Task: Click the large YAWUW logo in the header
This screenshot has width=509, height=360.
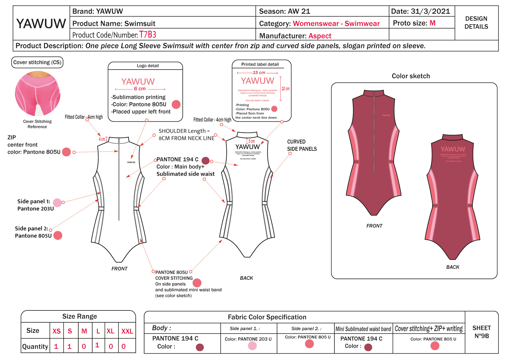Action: pyautogui.click(x=41, y=23)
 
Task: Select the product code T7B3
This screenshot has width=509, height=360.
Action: pyautogui.click(x=148, y=35)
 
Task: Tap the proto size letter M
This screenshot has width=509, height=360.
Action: pyautogui.click(x=432, y=23)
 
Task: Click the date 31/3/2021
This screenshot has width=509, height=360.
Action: pyautogui.click(x=430, y=11)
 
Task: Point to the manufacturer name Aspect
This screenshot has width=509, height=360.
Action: pyautogui.click(x=320, y=36)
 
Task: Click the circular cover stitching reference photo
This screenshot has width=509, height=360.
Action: pyautogui.click(x=37, y=93)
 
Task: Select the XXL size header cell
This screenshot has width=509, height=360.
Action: pyautogui.click(x=127, y=331)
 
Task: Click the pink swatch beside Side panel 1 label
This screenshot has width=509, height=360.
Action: pyautogui.click(x=57, y=203)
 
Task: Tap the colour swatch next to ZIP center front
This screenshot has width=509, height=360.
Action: pyautogui.click(x=66, y=152)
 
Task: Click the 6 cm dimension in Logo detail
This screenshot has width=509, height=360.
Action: pyautogui.click(x=140, y=89)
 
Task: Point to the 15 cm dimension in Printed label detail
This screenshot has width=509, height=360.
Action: pyautogui.click(x=259, y=73)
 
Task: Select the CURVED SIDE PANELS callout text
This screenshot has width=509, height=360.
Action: pyautogui.click(x=302, y=145)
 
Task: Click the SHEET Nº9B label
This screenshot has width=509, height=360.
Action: pyautogui.click(x=481, y=332)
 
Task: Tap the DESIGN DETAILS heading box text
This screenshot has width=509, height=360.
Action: pyautogui.click(x=476, y=23)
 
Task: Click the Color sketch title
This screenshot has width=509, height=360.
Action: pyautogui.click(x=411, y=76)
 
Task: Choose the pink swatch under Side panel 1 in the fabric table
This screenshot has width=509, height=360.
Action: pyautogui.click(x=252, y=346)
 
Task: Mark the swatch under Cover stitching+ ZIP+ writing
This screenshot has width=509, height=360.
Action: pyautogui.click(x=435, y=346)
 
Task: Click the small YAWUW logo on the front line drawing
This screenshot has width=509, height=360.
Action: pyautogui.click(x=131, y=162)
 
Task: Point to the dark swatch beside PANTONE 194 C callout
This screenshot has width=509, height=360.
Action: pyautogui.click(x=205, y=160)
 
